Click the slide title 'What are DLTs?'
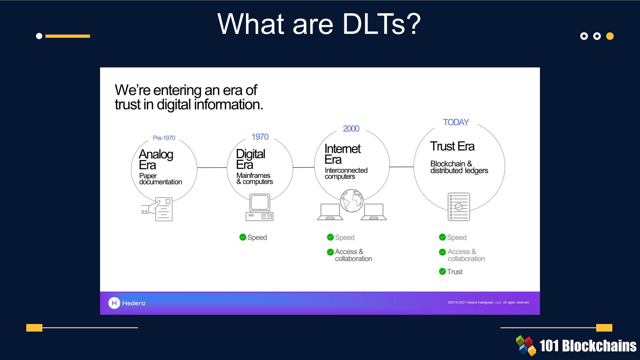coord(319,24)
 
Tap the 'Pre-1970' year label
coord(164,138)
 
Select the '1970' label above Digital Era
coord(260,137)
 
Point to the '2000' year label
coord(351,129)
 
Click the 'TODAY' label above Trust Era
coord(456,122)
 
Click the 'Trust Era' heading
coord(452,146)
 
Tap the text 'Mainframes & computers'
coord(254,178)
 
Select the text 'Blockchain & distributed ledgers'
coord(459,167)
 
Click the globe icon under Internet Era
coord(352,201)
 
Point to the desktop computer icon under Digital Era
coord(260,207)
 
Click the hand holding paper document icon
coord(157,209)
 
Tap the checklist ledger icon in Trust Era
coord(459,207)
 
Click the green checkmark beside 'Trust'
coord(442,271)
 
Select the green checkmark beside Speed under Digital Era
coord(243,237)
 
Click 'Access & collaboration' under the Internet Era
coord(353,255)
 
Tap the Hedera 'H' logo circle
coord(114,303)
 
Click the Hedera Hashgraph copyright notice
coord(488,303)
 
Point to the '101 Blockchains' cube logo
coord(526,345)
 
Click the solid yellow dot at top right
coord(610,36)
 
